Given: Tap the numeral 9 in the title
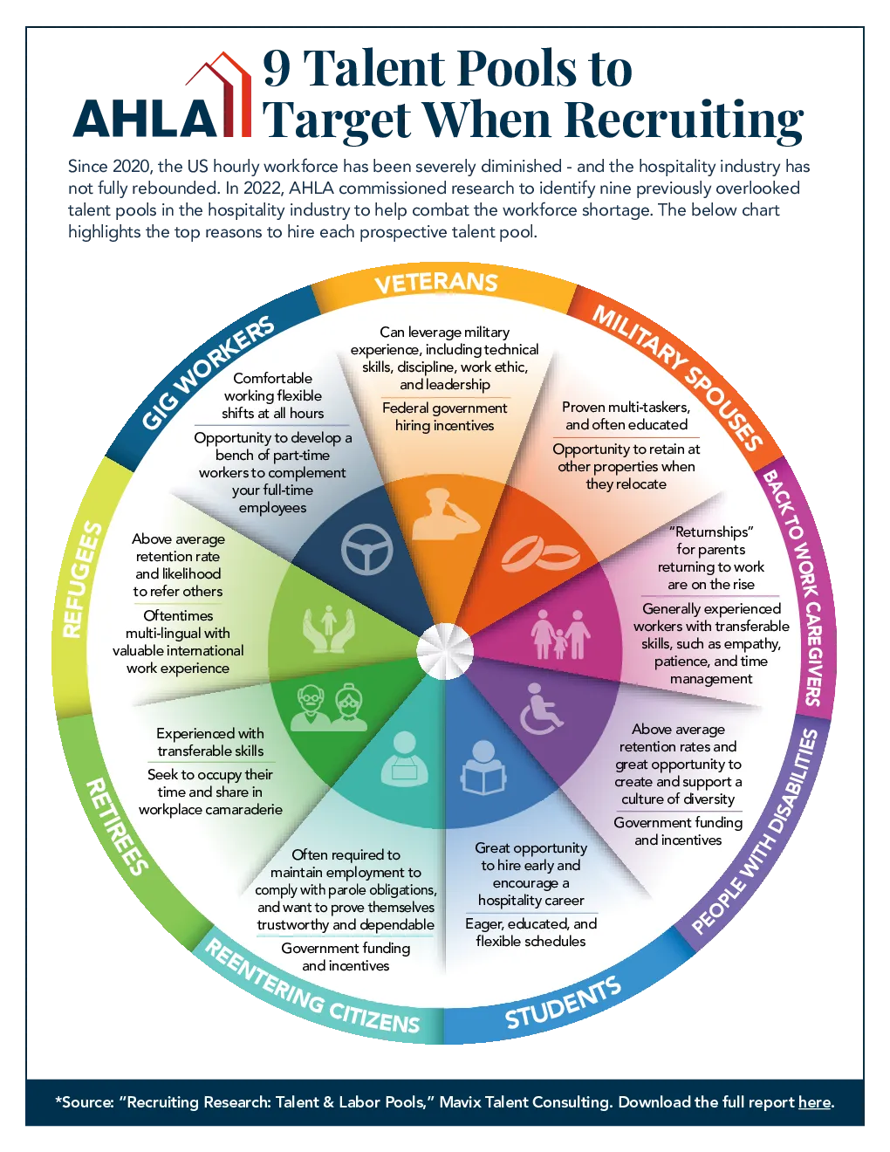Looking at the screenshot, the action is coord(277,68).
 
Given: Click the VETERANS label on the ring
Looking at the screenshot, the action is coord(436,283).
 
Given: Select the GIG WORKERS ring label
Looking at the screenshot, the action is coord(208,373).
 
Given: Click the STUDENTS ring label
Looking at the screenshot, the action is coord(563,1003).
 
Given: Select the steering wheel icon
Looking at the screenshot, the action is coord(366,550).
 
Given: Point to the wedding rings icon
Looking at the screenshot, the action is coord(540,554).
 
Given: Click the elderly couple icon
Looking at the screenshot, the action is coord(329,707).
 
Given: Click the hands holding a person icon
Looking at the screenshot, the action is coord(329,628).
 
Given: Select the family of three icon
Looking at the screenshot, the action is coord(560,634).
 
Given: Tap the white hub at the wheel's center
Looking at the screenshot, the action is coord(445,652).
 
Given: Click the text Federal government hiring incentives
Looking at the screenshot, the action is coord(445,416).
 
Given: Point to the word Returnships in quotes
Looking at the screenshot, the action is coord(711,531).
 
